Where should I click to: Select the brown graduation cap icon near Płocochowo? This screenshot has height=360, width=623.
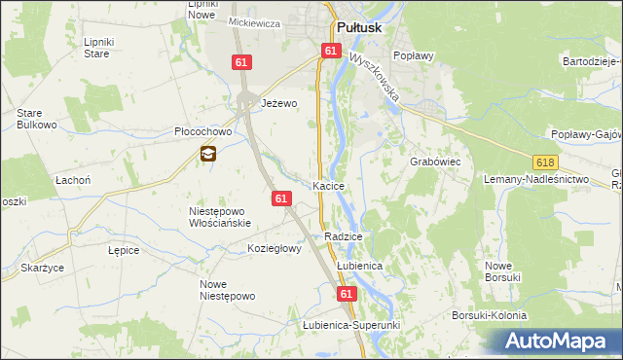click(208, 153)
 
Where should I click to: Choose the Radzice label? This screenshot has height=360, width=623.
click(344, 236)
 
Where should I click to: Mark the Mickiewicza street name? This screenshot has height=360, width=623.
click(254, 22)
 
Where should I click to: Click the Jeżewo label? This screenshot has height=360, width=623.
click(277, 102)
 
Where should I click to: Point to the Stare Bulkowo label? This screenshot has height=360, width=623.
click(36, 119)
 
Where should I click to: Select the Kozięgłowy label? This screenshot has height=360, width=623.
click(275, 248)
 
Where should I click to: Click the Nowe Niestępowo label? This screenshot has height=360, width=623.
click(226, 290)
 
